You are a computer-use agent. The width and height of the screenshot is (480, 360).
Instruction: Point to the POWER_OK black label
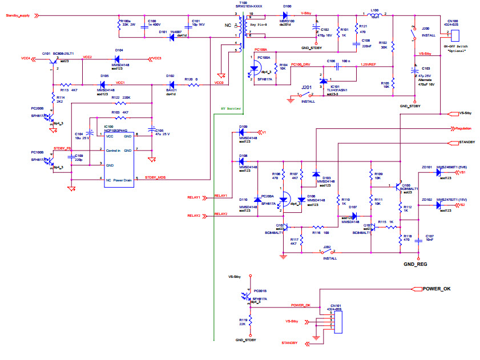[436, 289]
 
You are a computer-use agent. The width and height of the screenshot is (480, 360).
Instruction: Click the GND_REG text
[415, 264]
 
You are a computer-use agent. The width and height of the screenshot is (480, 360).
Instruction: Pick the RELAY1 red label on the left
[194, 197]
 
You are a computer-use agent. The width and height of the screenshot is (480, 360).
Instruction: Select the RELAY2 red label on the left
[194, 216]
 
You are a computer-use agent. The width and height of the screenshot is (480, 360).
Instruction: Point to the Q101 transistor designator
[46, 52]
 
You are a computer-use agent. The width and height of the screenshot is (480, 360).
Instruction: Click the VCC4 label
[25, 58]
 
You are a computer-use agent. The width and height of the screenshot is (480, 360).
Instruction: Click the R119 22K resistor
[250, 324]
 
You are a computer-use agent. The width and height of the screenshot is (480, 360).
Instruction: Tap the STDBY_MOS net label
[155, 177]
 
